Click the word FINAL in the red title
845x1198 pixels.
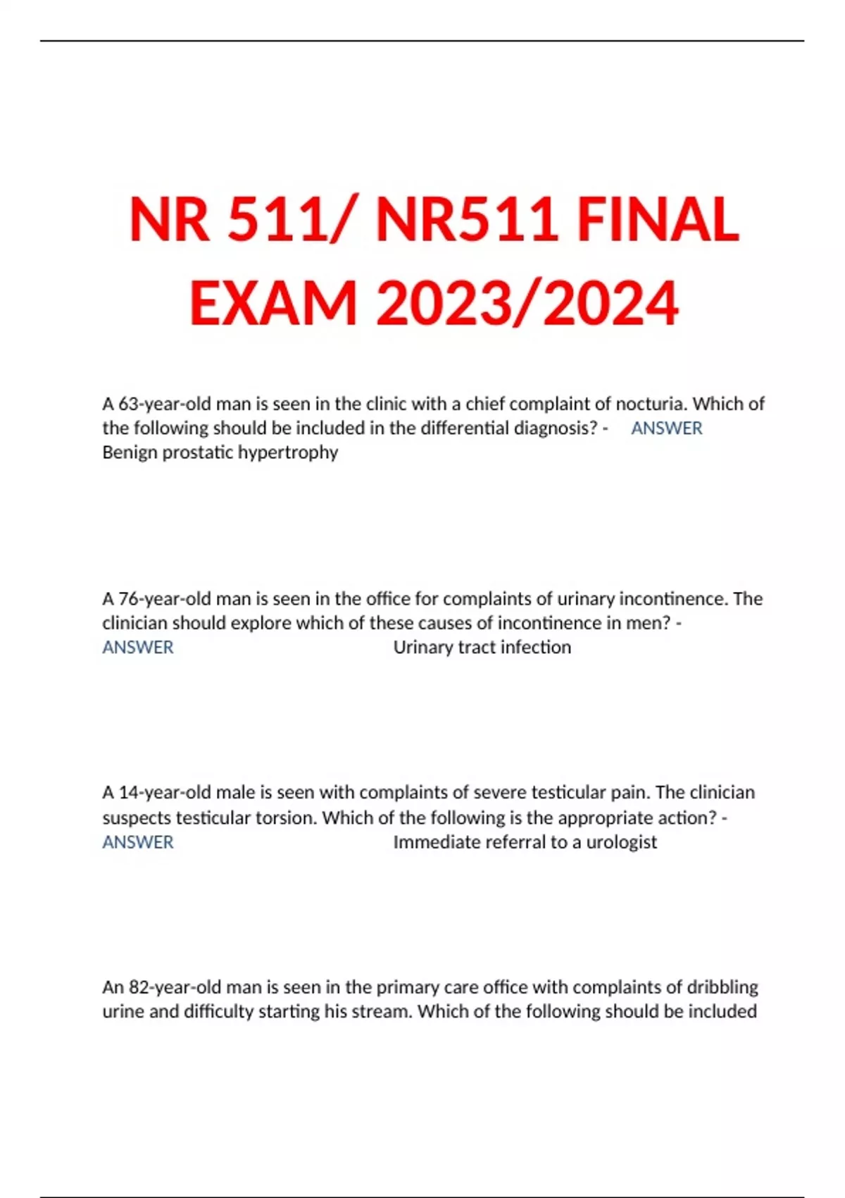point(658,220)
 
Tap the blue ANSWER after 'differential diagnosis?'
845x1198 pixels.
point(666,428)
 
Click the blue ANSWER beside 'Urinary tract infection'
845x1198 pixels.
point(138,648)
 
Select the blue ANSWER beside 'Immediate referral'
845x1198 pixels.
point(138,842)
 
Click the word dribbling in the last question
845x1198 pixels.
point(722,987)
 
